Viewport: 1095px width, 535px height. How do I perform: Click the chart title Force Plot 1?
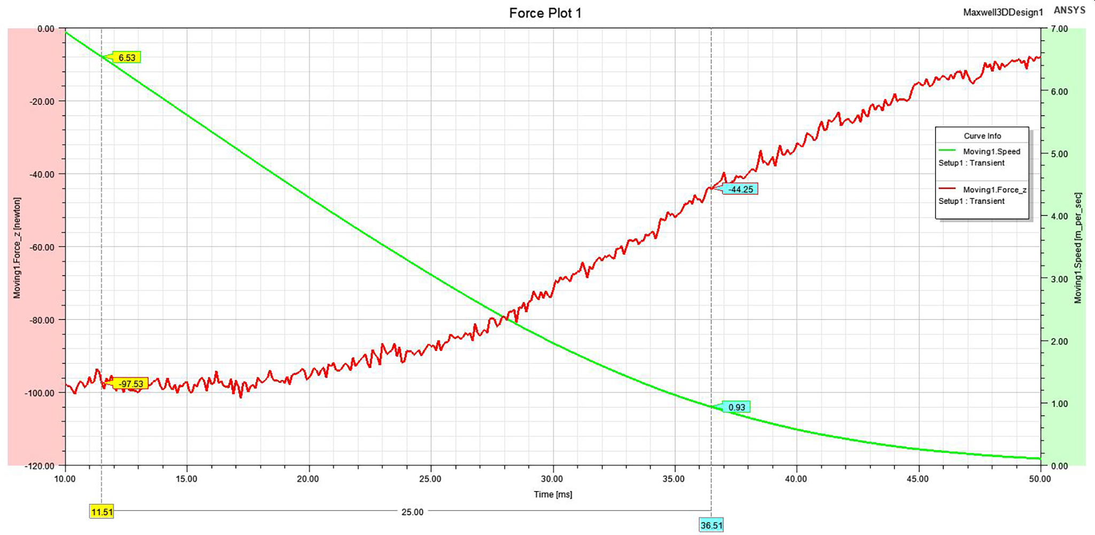tap(545, 13)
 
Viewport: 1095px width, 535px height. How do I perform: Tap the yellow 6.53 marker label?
tap(127, 57)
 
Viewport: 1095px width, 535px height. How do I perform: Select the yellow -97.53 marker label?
tap(131, 384)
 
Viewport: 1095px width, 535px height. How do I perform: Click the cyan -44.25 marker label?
tap(741, 189)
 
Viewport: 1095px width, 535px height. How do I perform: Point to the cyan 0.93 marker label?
tap(737, 407)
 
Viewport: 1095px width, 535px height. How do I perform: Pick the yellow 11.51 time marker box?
tap(102, 512)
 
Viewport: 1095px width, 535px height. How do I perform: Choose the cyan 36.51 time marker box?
tap(711, 525)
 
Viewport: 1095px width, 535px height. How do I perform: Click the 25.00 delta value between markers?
tap(412, 512)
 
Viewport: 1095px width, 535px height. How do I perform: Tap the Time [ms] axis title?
tap(553, 494)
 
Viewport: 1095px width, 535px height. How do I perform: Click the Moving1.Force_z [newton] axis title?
tap(17, 248)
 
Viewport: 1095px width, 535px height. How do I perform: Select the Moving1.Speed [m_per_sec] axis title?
tap(1078, 248)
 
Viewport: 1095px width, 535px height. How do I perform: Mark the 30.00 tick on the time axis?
tap(552, 479)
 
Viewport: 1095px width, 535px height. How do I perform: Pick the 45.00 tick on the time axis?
tap(917, 479)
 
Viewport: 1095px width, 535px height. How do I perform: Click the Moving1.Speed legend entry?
tap(991, 151)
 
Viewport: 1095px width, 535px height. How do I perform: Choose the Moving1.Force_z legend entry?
tap(994, 189)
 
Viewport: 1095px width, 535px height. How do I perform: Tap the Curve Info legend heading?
tap(982, 136)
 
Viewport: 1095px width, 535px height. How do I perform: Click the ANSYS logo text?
tap(1069, 10)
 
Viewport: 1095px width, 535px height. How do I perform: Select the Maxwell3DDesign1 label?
tap(1003, 12)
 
